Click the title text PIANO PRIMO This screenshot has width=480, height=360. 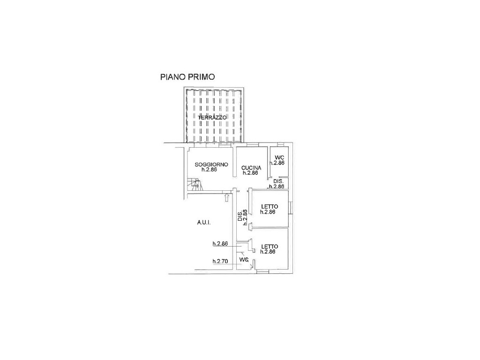point(187,77)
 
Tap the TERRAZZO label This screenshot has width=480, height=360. point(212,118)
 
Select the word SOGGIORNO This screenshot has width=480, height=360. point(211,165)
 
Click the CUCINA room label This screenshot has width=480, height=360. point(251,168)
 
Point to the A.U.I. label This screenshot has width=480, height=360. point(204,223)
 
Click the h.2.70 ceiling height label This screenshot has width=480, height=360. point(220,262)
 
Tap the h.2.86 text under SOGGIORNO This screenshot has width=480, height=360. point(210,170)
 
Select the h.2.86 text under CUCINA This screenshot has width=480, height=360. point(250,173)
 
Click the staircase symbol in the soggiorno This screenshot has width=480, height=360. point(193,185)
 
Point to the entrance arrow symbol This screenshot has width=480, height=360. point(226,197)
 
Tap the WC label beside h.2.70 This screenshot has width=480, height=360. point(244,260)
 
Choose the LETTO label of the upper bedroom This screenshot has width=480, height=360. point(270,207)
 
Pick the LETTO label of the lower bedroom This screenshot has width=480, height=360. point(270,247)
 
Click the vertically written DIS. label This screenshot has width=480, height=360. point(240,216)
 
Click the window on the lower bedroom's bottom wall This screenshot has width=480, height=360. point(262,271)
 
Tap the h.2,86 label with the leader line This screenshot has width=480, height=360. point(220,244)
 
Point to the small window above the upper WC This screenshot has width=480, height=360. point(280,144)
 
